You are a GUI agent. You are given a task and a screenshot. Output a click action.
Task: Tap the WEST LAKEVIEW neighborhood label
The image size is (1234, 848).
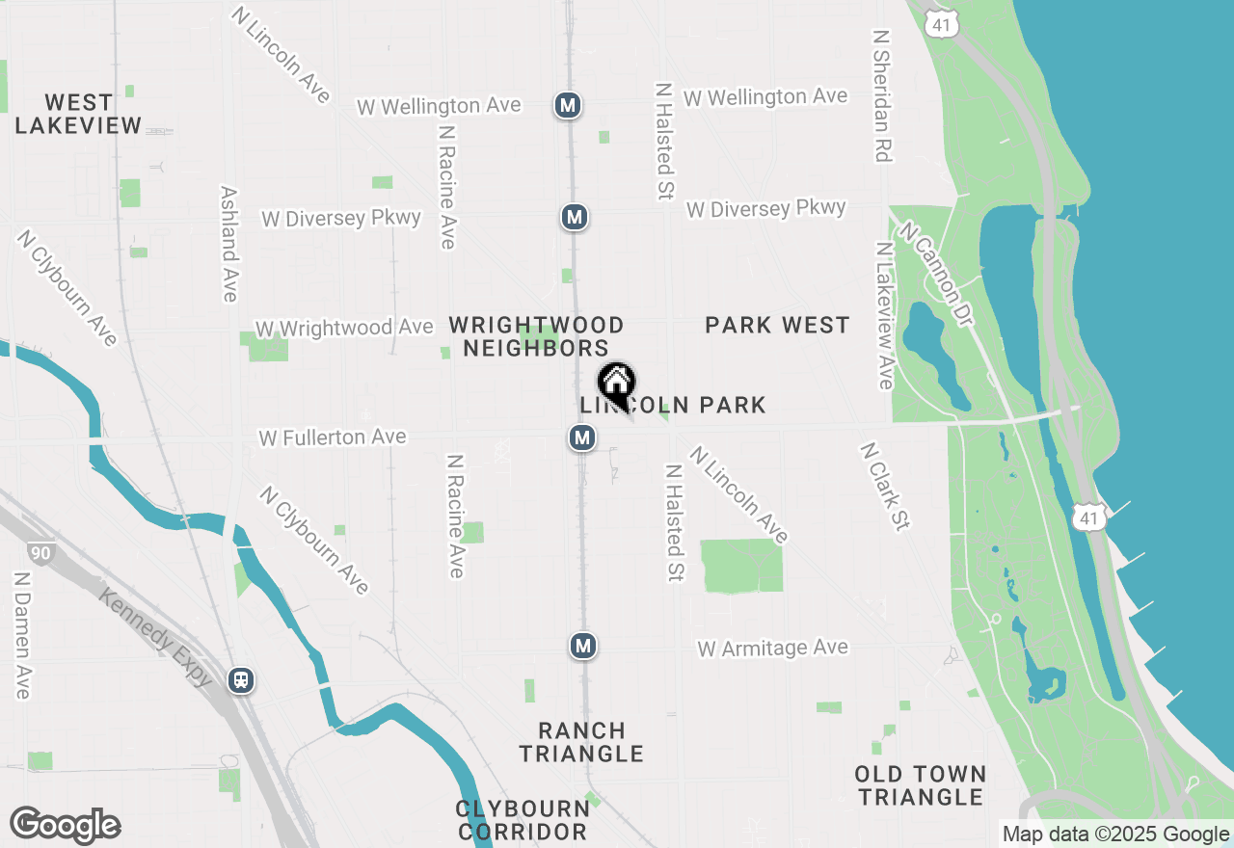coord(79,114)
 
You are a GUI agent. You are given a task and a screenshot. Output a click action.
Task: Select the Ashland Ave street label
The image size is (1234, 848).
coord(229,244)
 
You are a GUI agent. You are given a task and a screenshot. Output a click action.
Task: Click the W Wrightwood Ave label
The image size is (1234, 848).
coord(343,329)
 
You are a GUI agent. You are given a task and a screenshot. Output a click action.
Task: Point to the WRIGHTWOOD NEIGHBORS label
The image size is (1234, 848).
coord(536,336)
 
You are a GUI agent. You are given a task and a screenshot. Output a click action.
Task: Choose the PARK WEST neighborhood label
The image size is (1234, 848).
coord(777,326)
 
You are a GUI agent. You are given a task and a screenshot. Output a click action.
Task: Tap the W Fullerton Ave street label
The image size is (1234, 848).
coord(332,438)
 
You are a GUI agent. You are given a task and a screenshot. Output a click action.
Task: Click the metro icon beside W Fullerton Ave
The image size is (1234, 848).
coord(581,438)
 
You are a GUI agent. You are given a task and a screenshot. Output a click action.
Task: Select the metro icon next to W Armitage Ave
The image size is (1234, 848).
coord(582,645)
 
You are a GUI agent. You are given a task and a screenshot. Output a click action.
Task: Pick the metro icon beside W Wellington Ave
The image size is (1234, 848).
coord(567,105)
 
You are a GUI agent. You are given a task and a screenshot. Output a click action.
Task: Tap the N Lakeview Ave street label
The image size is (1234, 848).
coord(884,315)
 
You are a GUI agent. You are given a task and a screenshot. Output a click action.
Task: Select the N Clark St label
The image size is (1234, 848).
coord(885,486)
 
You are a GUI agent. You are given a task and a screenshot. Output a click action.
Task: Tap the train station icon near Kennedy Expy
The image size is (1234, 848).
coord(241,680)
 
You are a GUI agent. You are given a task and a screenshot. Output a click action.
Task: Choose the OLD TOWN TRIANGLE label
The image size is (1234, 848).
coord(921,785)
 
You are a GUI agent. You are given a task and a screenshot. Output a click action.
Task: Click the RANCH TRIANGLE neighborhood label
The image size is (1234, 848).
coord(582,742)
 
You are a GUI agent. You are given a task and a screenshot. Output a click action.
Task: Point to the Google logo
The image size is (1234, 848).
coord(65,826)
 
